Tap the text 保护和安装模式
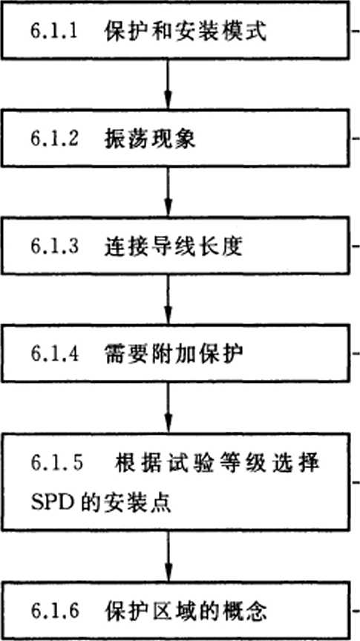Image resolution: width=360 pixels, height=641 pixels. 186,33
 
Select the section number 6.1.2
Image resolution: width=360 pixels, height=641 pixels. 53,140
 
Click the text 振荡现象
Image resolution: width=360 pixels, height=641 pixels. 150,139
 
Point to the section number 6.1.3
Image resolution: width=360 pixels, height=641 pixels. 53,247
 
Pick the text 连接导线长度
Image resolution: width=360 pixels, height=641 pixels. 174,247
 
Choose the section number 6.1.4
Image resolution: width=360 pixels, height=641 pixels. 53,355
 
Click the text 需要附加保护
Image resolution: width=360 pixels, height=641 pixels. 174,354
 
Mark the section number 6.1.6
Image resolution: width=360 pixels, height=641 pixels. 53,611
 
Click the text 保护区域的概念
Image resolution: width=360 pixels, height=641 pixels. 186,611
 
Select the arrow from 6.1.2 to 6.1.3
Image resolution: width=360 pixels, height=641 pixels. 168,192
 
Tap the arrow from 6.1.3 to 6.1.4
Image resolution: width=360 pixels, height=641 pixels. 168,299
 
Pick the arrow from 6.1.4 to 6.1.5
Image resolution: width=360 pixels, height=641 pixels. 168,407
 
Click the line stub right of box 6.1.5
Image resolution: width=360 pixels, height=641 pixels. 356,482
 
